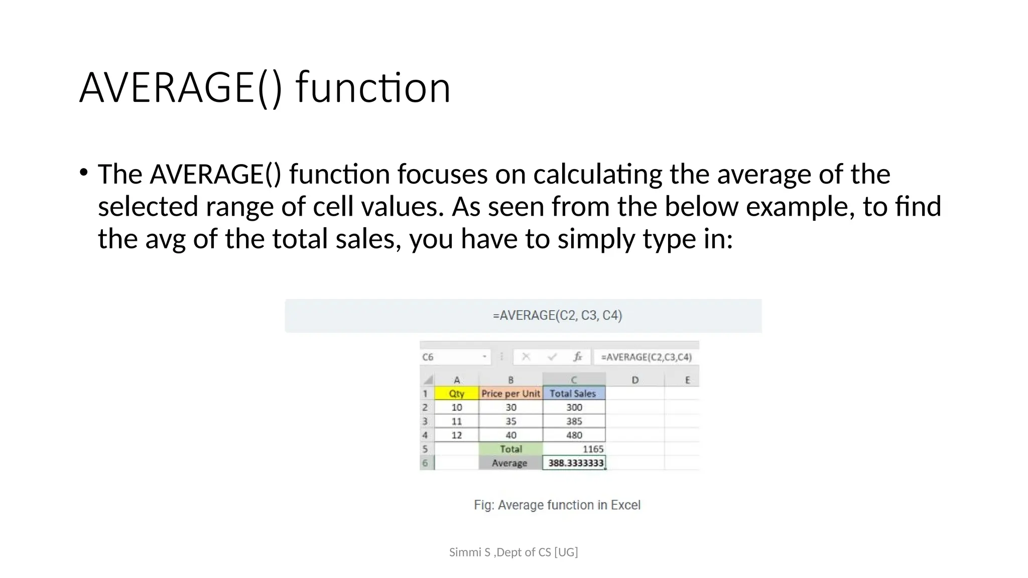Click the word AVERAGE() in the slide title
coord(181,88)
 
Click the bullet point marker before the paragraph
coord(83,173)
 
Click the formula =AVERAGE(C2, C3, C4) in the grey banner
coord(557,316)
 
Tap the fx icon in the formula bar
coord(578,357)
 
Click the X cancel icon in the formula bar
coord(526,357)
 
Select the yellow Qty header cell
coord(456,393)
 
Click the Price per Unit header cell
coord(510,393)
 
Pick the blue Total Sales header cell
coord(573,393)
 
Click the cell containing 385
coord(574,421)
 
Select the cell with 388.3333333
coord(575,463)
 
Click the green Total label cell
coord(510,449)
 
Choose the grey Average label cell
coord(509,463)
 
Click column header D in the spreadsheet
coord(634,380)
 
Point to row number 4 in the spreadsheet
coord(426,435)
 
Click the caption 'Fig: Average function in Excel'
coord(557,505)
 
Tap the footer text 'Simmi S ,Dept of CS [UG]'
coord(513,552)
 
